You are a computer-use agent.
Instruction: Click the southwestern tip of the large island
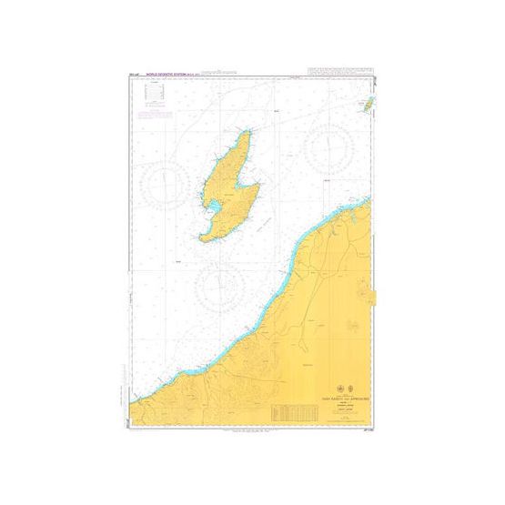coord(202,238)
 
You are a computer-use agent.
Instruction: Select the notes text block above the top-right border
coord(340,73)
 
